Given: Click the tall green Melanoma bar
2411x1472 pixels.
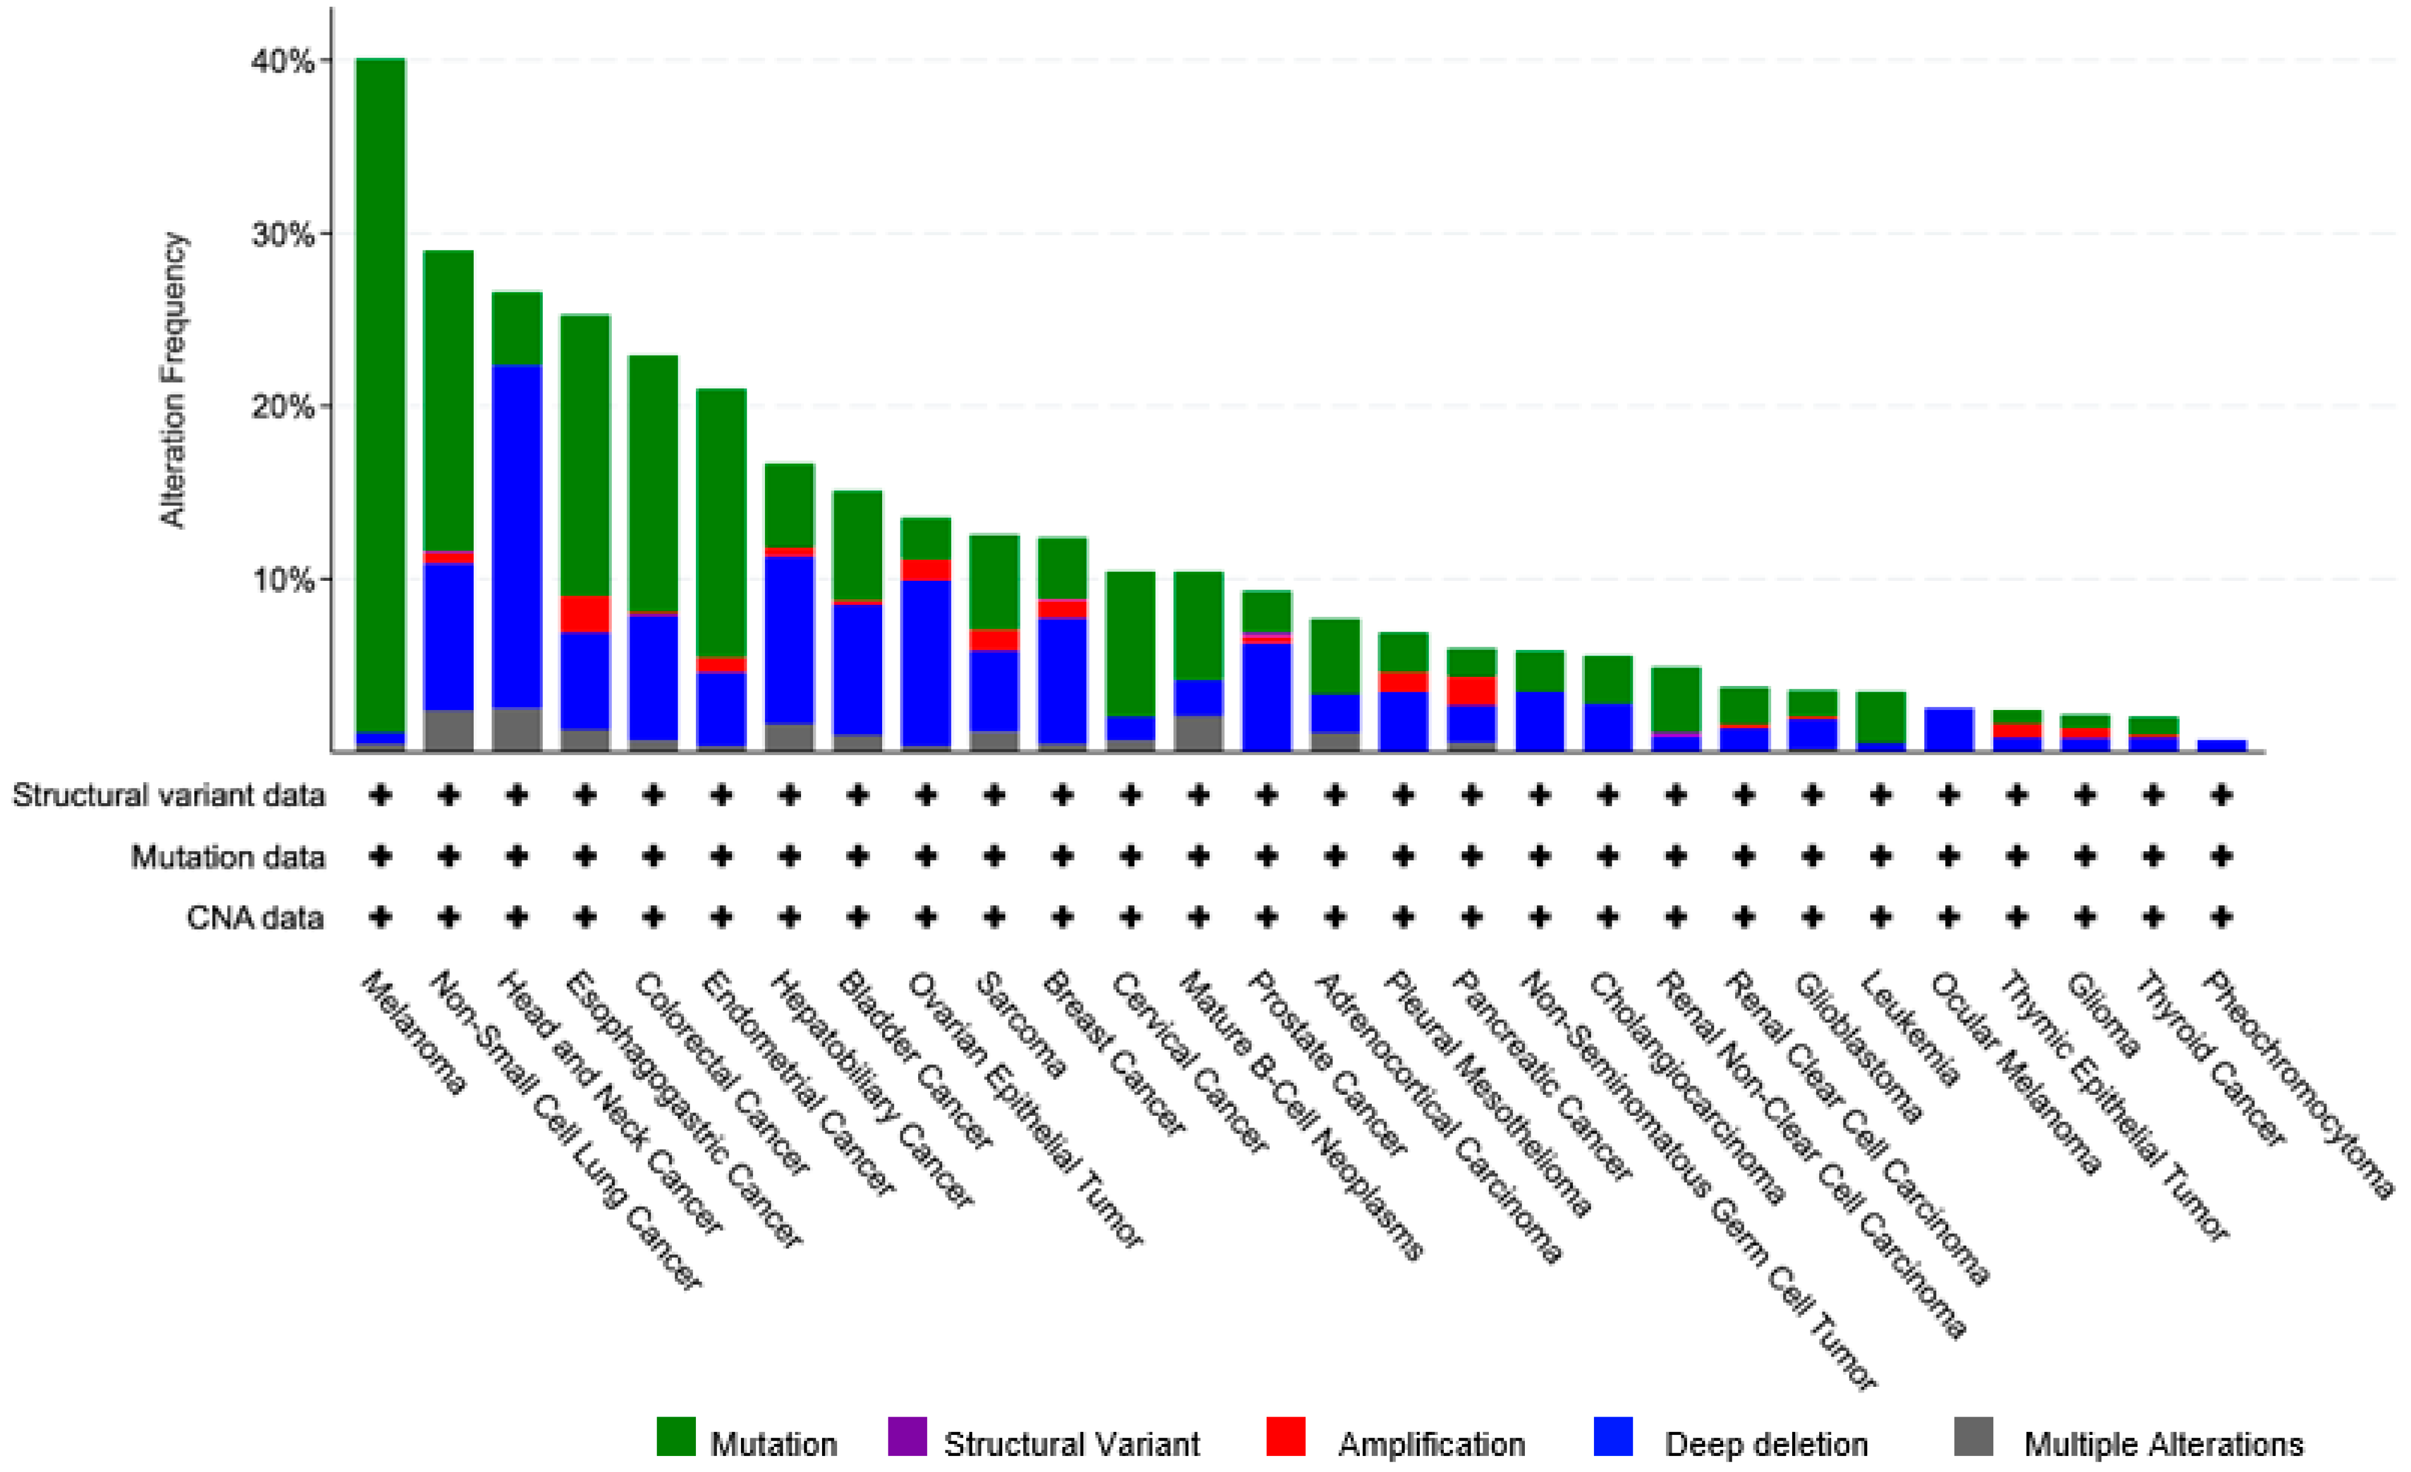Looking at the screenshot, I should pos(381,392).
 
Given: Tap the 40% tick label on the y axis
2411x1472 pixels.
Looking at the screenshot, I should pos(284,62).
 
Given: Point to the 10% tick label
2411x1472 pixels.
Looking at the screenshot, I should pos(284,580).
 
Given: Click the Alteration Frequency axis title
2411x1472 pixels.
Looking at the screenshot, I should pos(173,380).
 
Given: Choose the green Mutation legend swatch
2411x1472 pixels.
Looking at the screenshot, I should pos(675,1437).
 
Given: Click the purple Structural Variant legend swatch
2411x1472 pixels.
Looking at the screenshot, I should pos(907,1437).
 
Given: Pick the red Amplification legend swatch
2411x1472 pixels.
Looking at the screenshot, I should pos(1285,1437).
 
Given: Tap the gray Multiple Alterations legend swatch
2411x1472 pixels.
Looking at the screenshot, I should pos(1973,1437).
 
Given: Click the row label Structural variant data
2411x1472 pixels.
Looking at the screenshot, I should pos(169,795).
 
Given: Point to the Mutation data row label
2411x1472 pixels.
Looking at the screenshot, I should pos(228,857).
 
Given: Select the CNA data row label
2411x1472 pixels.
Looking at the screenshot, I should pos(255,918).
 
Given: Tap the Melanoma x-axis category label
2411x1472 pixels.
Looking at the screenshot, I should pos(414,1032).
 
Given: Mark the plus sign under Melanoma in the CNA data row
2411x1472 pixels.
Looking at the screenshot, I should pos(381,917).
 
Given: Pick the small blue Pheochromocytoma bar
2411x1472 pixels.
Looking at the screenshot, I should pos(2221,746).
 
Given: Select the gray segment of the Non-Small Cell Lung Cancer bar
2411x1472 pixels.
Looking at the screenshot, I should pos(448,730).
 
